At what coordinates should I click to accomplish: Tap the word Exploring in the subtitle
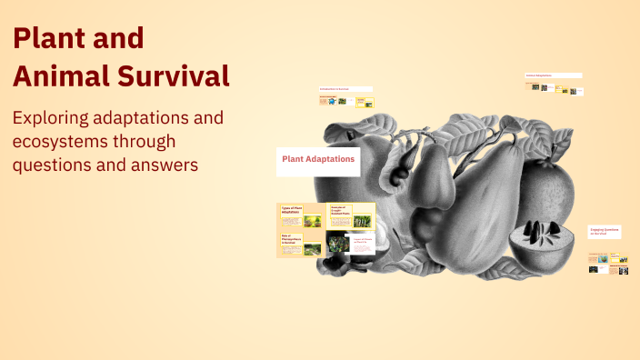56,119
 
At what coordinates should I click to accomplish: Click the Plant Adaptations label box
318,160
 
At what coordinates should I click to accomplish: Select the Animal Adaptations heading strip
554,75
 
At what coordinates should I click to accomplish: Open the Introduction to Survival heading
345,89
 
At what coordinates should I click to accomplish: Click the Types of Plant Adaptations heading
293,210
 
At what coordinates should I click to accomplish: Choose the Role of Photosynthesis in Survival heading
291,239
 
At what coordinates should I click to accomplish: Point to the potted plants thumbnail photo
313,220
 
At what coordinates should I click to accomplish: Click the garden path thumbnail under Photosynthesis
312,248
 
